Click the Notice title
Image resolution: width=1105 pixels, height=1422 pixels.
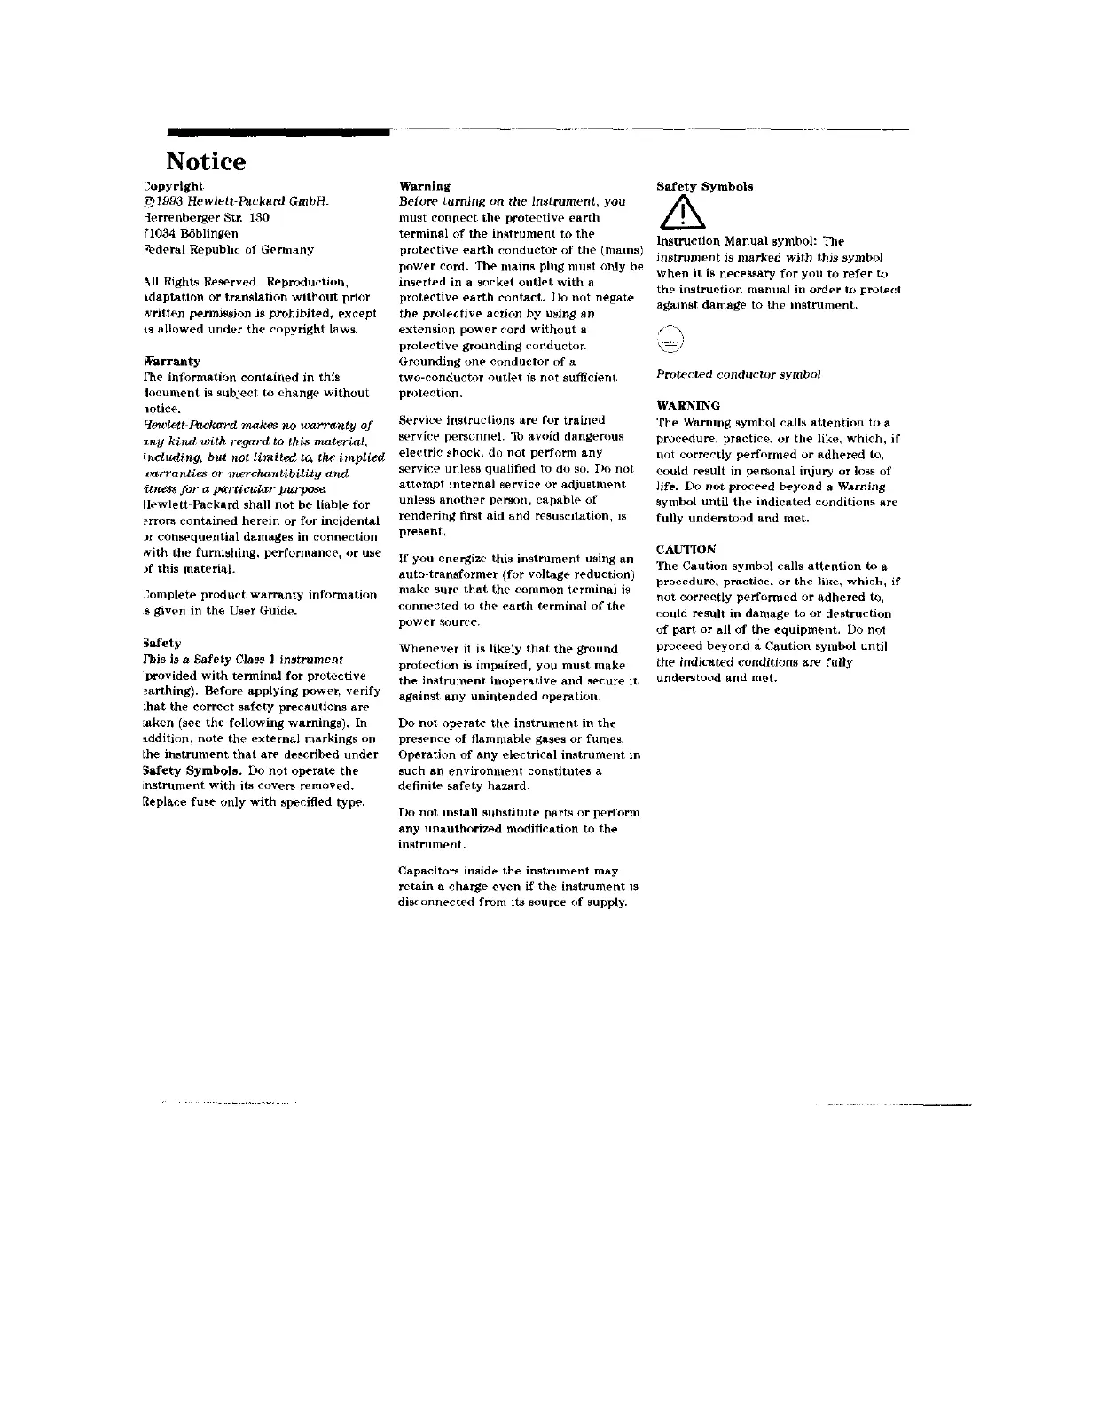[206, 162]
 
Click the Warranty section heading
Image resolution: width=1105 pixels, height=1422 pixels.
[171, 362]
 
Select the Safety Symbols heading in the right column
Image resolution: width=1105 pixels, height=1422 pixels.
[704, 187]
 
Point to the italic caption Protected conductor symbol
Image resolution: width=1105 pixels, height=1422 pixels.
[738, 374]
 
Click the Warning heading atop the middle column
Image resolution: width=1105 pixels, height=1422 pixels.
[425, 187]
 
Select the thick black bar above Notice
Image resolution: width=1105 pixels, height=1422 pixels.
[278, 132]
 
